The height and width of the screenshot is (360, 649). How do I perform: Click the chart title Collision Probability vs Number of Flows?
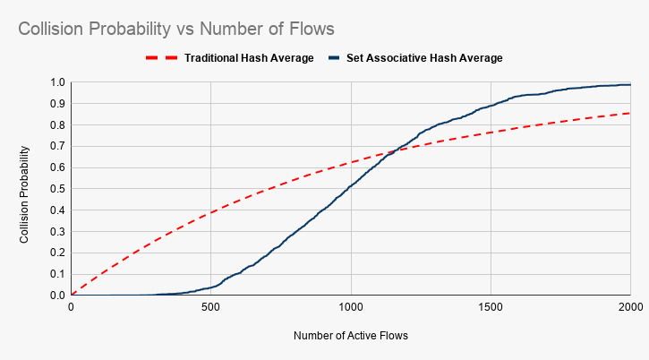[176, 29]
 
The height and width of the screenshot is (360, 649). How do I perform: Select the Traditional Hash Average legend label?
[249, 58]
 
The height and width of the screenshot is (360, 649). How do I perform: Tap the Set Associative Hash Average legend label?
[424, 58]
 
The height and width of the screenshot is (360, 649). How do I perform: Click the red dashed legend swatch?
[161, 58]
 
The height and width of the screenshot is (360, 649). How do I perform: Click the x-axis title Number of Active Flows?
[351, 337]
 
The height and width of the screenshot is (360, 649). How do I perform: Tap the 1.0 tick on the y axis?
[56, 82]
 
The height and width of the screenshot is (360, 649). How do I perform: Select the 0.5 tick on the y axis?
[56, 189]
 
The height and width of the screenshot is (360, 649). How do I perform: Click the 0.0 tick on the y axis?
[56, 296]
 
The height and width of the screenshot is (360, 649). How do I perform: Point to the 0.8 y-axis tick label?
[56, 125]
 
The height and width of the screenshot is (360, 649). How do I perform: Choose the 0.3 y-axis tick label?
[56, 232]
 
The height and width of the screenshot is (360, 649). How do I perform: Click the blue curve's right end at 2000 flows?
[630, 85]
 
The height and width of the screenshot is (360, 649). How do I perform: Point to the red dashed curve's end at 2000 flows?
[630, 113]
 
